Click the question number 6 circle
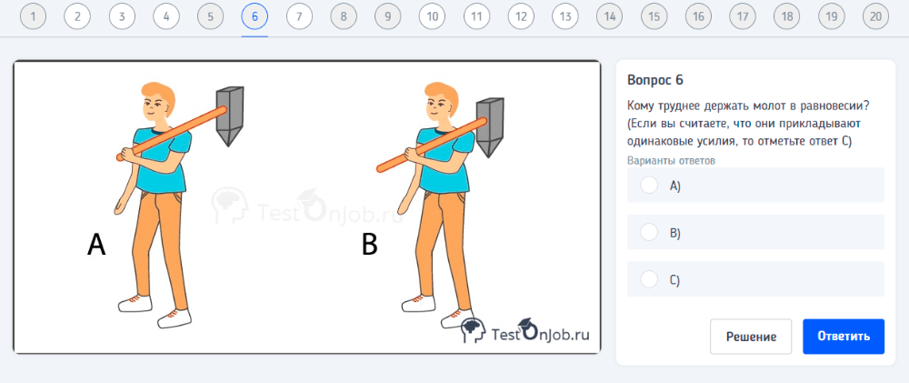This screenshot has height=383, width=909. click(x=255, y=16)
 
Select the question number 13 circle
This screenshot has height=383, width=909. click(x=565, y=16)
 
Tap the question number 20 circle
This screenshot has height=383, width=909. click(x=875, y=16)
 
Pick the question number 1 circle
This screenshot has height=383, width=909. click(x=33, y=16)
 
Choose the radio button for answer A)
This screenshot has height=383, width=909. click(x=649, y=186)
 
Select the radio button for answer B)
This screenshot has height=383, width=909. click(x=649, y=233)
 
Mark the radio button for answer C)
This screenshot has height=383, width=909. click(x=649, y=279)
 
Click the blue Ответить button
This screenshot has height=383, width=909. click(x=844, y=337)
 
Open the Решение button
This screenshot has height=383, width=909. click(x=751, y=337)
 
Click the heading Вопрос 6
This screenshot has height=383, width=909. click(x=655, y=80)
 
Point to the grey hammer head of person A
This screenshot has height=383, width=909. click(x=229, y=116)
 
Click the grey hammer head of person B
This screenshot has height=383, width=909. click(x=490, y=127)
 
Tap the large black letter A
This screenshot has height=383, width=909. click(x=97, y=245)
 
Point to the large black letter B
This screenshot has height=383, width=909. click(x=369, y=245)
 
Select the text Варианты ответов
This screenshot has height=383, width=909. click(x=672, y=161)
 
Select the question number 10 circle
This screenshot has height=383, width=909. click(x=432, y=16)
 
